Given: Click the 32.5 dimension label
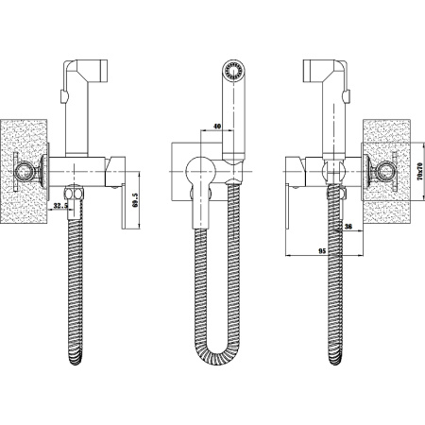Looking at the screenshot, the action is pyautogui.click(x=60, y=206).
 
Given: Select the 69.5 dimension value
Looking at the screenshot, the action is pyautogui.click(x=135, y=200).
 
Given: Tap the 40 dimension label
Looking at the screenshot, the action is pyautogui.click(x=217, y=127).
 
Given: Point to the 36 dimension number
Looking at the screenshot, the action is pyautogui.click(x=348, y=226).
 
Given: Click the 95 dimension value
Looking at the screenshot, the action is pyautogui.click(x=322, y=251).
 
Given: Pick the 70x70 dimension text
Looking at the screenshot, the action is pyautogui.click(x=419, y=171).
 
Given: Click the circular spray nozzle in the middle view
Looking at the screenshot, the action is pyautogui.click(x=233, y=70).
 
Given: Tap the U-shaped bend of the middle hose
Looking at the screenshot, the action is pyautogui.click(x=217, y=352).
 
